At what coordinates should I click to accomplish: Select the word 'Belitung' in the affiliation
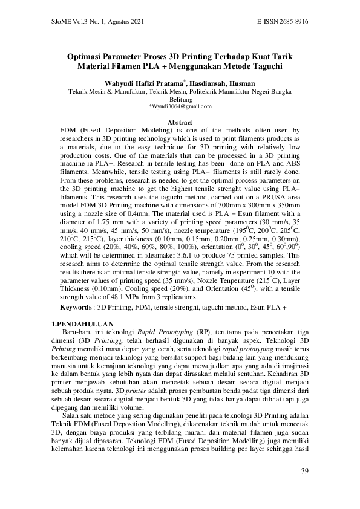(x=180, y=99)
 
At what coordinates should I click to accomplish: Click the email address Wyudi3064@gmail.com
(x=181, y=106)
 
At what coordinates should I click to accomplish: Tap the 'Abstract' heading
(x=179, y=123)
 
